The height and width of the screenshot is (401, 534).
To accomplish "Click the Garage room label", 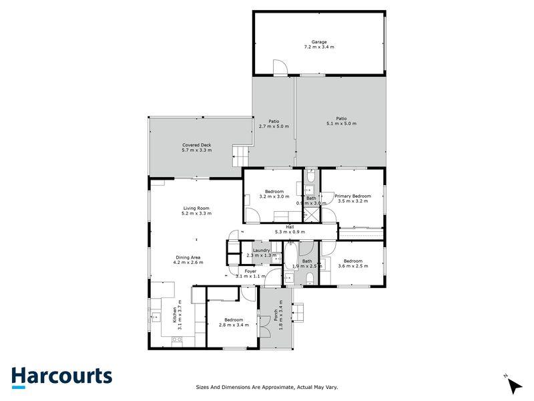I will pyautogui.click(x=318, y=41).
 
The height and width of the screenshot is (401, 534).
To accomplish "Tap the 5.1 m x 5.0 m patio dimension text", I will pyautogui.click(x=341, y=124).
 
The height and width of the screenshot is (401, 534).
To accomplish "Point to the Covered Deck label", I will pyautogui.click(x=196, y=145).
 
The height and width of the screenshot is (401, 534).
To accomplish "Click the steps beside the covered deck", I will pyautogui.click(x=240, y=156).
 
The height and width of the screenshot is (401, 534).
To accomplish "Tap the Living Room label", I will pyautogui.click(x=196, y=209).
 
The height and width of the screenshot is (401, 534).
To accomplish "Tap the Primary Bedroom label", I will pyautogui.click(x=353, y=196).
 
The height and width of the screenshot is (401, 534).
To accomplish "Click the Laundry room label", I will pyautogui.click(x=261, y=250).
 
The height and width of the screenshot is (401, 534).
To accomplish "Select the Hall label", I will pyautogui.click(x=290, y=227).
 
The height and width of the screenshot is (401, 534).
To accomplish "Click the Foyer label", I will pyautogui.click(x=250, y=271).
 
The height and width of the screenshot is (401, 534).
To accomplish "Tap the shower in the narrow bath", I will pyautogui.click(x=311, y=215).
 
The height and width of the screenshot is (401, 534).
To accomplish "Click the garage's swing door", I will pyautogui.click(x=280, y=68).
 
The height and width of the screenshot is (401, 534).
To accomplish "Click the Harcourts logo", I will pyautogui.click(x=61, y=377).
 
